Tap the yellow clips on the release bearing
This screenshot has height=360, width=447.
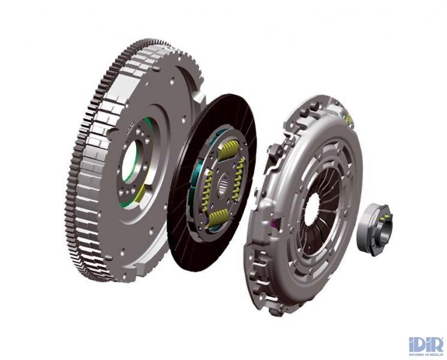384,217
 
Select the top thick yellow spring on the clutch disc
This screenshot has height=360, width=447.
229,150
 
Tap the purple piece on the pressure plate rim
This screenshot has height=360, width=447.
275,224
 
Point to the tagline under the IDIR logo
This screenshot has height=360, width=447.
426,355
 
